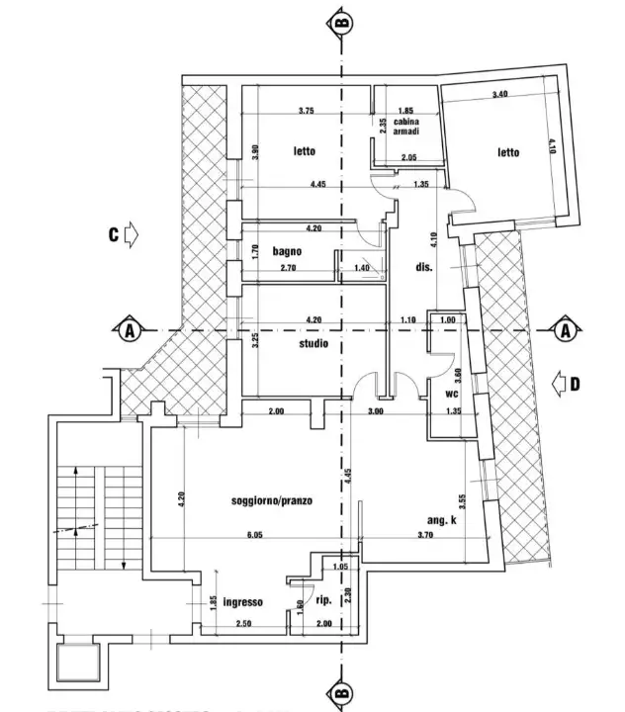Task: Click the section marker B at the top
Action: tap(342, 20)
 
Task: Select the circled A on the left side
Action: tap(127, 330)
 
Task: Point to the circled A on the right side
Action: tap(565, 330)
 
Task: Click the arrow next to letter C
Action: tap(134, 235)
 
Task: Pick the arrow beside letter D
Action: tap(559, 383)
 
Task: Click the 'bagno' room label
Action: tap(287, 251)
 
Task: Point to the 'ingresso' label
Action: tap(242, 601)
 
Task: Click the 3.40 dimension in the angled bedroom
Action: tap(499, 95)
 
